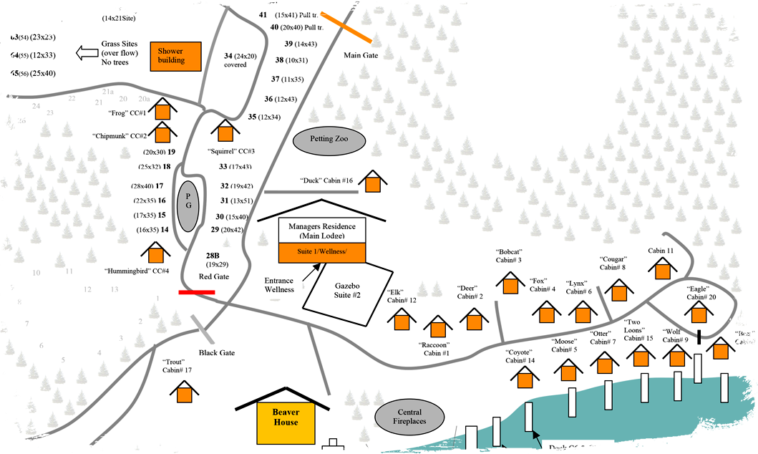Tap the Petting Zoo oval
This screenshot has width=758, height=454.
pyautogui.click(x=329, y=140)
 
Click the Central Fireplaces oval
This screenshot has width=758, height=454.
pyautogui.click(x=411, y=417)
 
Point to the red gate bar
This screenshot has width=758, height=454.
pyautogui.click(x=197, y=292)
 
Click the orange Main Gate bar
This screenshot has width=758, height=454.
pyautogui.click(x=346, y=27)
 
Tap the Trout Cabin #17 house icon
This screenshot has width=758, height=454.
pyautogui.click(x=184, y=392)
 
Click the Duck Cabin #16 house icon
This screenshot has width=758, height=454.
pyautogui.click(x=372, y=182)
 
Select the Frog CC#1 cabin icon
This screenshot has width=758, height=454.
pyautogui.click(x=163, y=110)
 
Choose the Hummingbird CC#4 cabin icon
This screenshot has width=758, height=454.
pyautogui.click(x=155, y=253)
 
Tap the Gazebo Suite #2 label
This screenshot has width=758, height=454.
pyautogui.click(x=347, y=290)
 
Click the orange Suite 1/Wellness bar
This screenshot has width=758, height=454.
pyautogui.click(x=322, y=252)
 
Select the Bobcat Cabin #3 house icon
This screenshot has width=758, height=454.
pyautogui.click(x=510, y=284)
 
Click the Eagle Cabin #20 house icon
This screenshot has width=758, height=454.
pyautogui.click(x=698, y=313)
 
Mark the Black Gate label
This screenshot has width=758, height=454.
pyautogui.click(x=217, y=353)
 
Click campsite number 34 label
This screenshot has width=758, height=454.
pyautogui.click(x=228, y=56)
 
